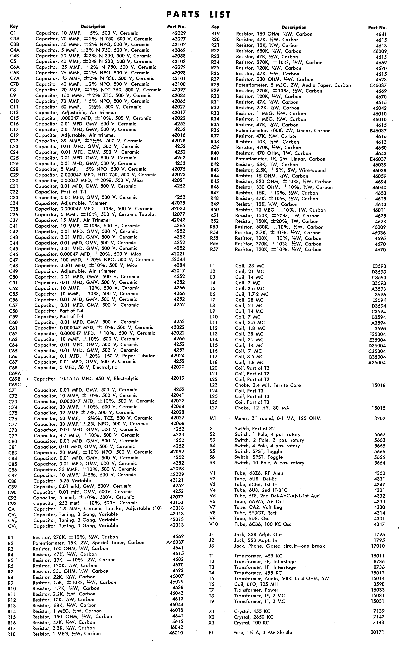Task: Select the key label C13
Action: click(14, 112)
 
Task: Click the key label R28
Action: click(215, 85)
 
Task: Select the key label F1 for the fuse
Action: click(211, 632)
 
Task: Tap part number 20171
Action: click(378, 632)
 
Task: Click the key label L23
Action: click(213, 385)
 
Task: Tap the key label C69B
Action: click(15, 379)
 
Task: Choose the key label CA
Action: click(11, 509)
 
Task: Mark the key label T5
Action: click(211, 578)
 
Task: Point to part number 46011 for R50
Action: click(379, 210)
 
